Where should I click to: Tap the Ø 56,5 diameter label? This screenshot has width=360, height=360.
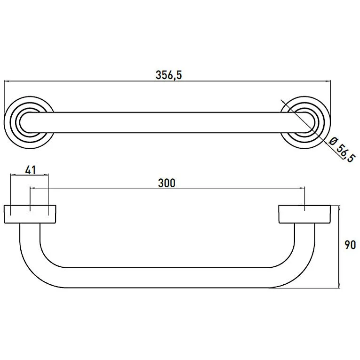click(x=342, y=149)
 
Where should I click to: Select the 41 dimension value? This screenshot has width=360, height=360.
click(x=29, y=169)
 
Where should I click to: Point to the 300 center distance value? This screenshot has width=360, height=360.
click(x=167, y=183)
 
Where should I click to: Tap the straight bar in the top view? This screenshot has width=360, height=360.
click(x=165, y=123)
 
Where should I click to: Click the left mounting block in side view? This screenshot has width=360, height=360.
click(x=30, y=214)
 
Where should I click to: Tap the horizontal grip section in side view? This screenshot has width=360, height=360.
click(x=165, y=278)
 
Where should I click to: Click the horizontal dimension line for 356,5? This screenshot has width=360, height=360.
click(x=94, y=81)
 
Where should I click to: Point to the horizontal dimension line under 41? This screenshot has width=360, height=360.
click(x=29, y=176)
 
